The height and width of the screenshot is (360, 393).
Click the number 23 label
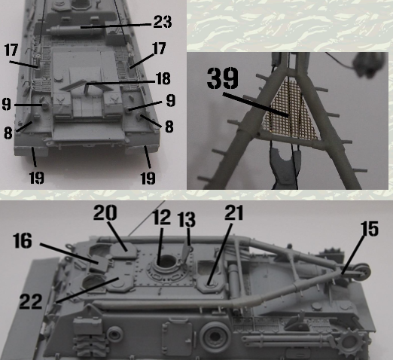[163, 22]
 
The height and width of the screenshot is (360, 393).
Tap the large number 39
[223, 78]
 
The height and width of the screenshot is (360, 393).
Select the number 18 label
[163, 78]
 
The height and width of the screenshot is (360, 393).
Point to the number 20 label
[105, 212]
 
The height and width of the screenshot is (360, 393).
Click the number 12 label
[162, 218]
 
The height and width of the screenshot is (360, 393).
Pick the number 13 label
[186, 219]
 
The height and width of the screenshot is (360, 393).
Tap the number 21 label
[234, 213]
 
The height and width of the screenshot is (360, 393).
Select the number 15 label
[370, 229]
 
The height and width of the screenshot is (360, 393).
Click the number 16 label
[23, 240]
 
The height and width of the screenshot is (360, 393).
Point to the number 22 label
[31, 301]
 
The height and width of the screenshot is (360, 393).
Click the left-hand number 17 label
[11, 50]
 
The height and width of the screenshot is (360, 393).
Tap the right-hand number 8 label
[169, 127]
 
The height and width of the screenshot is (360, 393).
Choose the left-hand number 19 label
[37, 178]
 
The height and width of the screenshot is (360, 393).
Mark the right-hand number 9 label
[170, 100]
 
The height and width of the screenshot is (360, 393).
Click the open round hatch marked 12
[166, 263]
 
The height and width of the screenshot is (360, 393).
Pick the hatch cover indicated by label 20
[124, 250]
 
